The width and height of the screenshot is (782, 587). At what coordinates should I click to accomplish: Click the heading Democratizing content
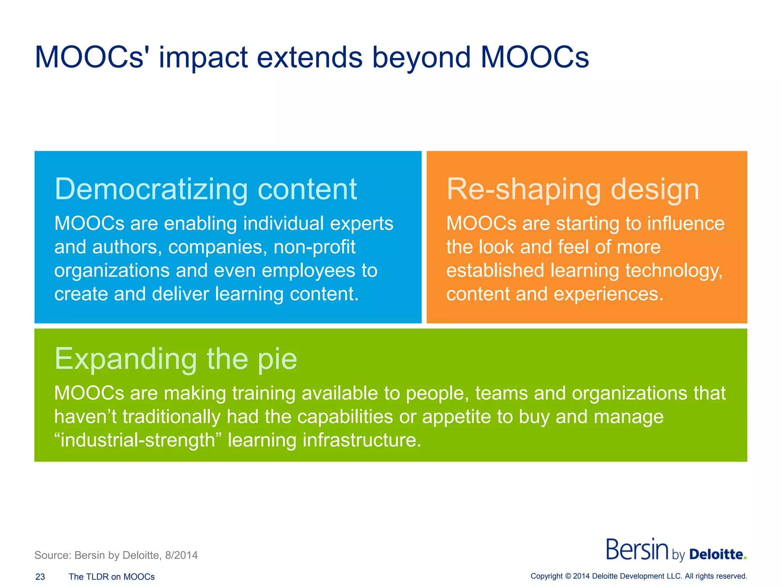(205, 189)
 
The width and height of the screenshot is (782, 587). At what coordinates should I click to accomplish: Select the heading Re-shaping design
(572, 189)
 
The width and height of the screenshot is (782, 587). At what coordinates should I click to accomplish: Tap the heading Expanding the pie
(176, 359)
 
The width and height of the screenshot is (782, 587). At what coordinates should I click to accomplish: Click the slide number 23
(40, 577)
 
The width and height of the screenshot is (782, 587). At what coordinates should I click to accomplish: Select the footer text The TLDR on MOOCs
(111, 577)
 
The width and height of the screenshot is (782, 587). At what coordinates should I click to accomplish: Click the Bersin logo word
(637, 550)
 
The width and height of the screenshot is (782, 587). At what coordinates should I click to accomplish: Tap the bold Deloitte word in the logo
(716, 555)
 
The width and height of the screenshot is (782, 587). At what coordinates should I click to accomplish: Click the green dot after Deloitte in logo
(745, 559)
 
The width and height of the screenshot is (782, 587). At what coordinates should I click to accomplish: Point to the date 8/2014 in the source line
(181, 555)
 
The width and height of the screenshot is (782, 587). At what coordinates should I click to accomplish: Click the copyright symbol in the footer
(568, 576)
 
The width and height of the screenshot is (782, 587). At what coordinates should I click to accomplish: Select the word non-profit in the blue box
(314, 247)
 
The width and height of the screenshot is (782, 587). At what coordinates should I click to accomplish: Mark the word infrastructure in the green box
(362, 440)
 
